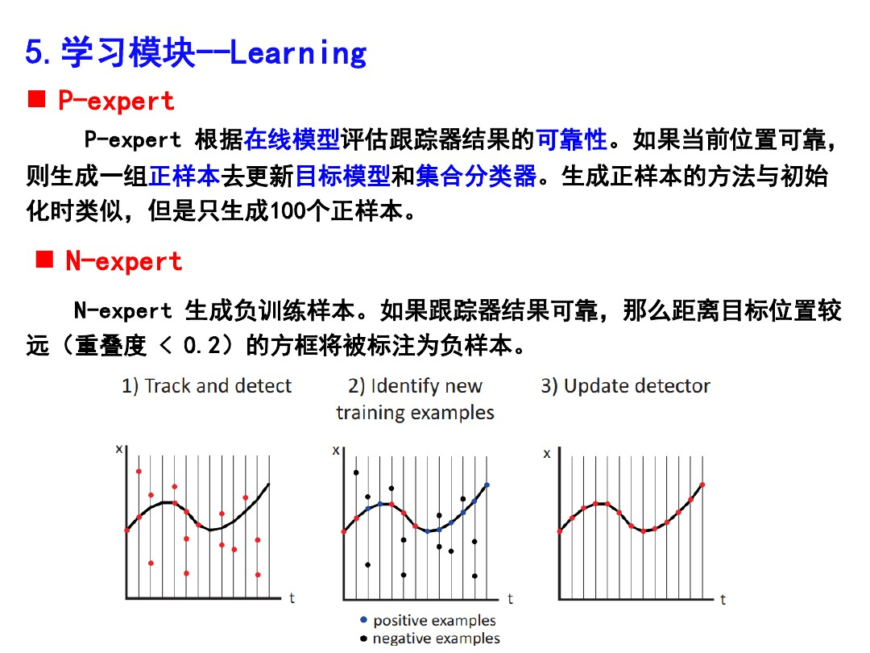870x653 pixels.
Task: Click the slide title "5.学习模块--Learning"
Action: tap(196, 53)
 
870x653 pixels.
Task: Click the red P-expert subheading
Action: tap(115, 101)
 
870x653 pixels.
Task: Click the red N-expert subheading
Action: tap(123, 261)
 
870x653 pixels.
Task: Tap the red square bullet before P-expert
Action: tap(35, 100)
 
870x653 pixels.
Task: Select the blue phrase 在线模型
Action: tap(292, 140)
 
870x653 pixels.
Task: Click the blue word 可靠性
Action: tap(571, 140)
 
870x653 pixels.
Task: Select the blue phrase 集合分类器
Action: tap(476, 176)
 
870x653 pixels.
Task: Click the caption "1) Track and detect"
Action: tap(206, 386)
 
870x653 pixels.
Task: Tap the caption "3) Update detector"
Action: tap(625, 386)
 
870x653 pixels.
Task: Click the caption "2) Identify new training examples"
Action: tap(415, 399)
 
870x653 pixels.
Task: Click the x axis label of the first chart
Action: tap(119, 449)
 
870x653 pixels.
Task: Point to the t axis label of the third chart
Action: tap(723, 599)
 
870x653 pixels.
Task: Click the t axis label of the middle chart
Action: tap(510, 599)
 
